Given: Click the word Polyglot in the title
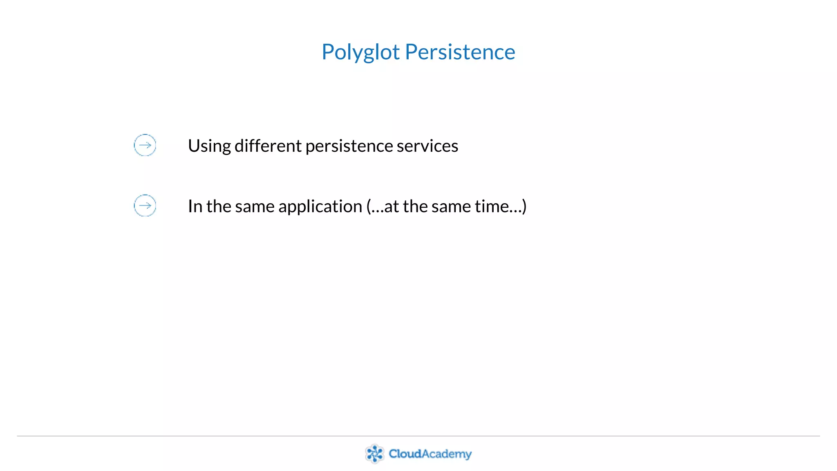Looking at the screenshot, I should coord(360,52).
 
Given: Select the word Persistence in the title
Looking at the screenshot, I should coord(460,52).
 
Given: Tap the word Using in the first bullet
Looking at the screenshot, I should coord(209,146).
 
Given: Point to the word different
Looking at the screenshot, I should coord(268,146).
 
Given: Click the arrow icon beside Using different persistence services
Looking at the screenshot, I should coord(145,145).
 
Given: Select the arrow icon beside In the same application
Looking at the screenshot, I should coord(145,206).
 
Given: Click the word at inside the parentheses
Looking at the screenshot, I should coord(391,206).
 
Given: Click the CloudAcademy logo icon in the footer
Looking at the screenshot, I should coord(374,453).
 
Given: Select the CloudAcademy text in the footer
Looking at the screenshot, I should coord(430,454).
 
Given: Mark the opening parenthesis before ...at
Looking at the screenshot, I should coord(369,206).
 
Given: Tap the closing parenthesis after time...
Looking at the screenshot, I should coord(524,206).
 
